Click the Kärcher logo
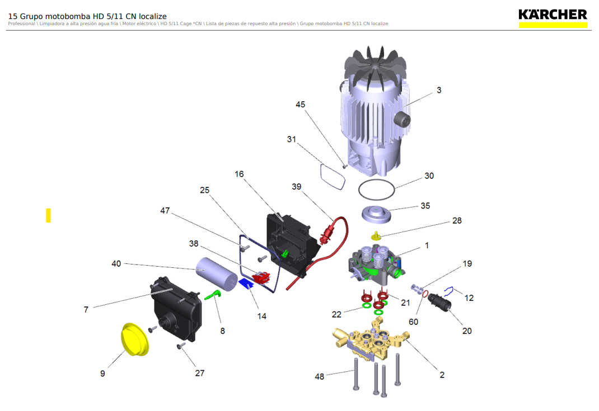coord(553,17)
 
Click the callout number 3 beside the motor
coord(439,90)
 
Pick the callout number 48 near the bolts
coord(319,376)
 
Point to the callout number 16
coord(239,174)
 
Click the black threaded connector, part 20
coord(440,303)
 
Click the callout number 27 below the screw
coord(199,373)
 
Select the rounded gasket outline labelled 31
coord(333,177)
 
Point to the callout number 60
coord(413,322)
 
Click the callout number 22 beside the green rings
coord(336,315)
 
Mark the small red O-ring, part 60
coord(425,293)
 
